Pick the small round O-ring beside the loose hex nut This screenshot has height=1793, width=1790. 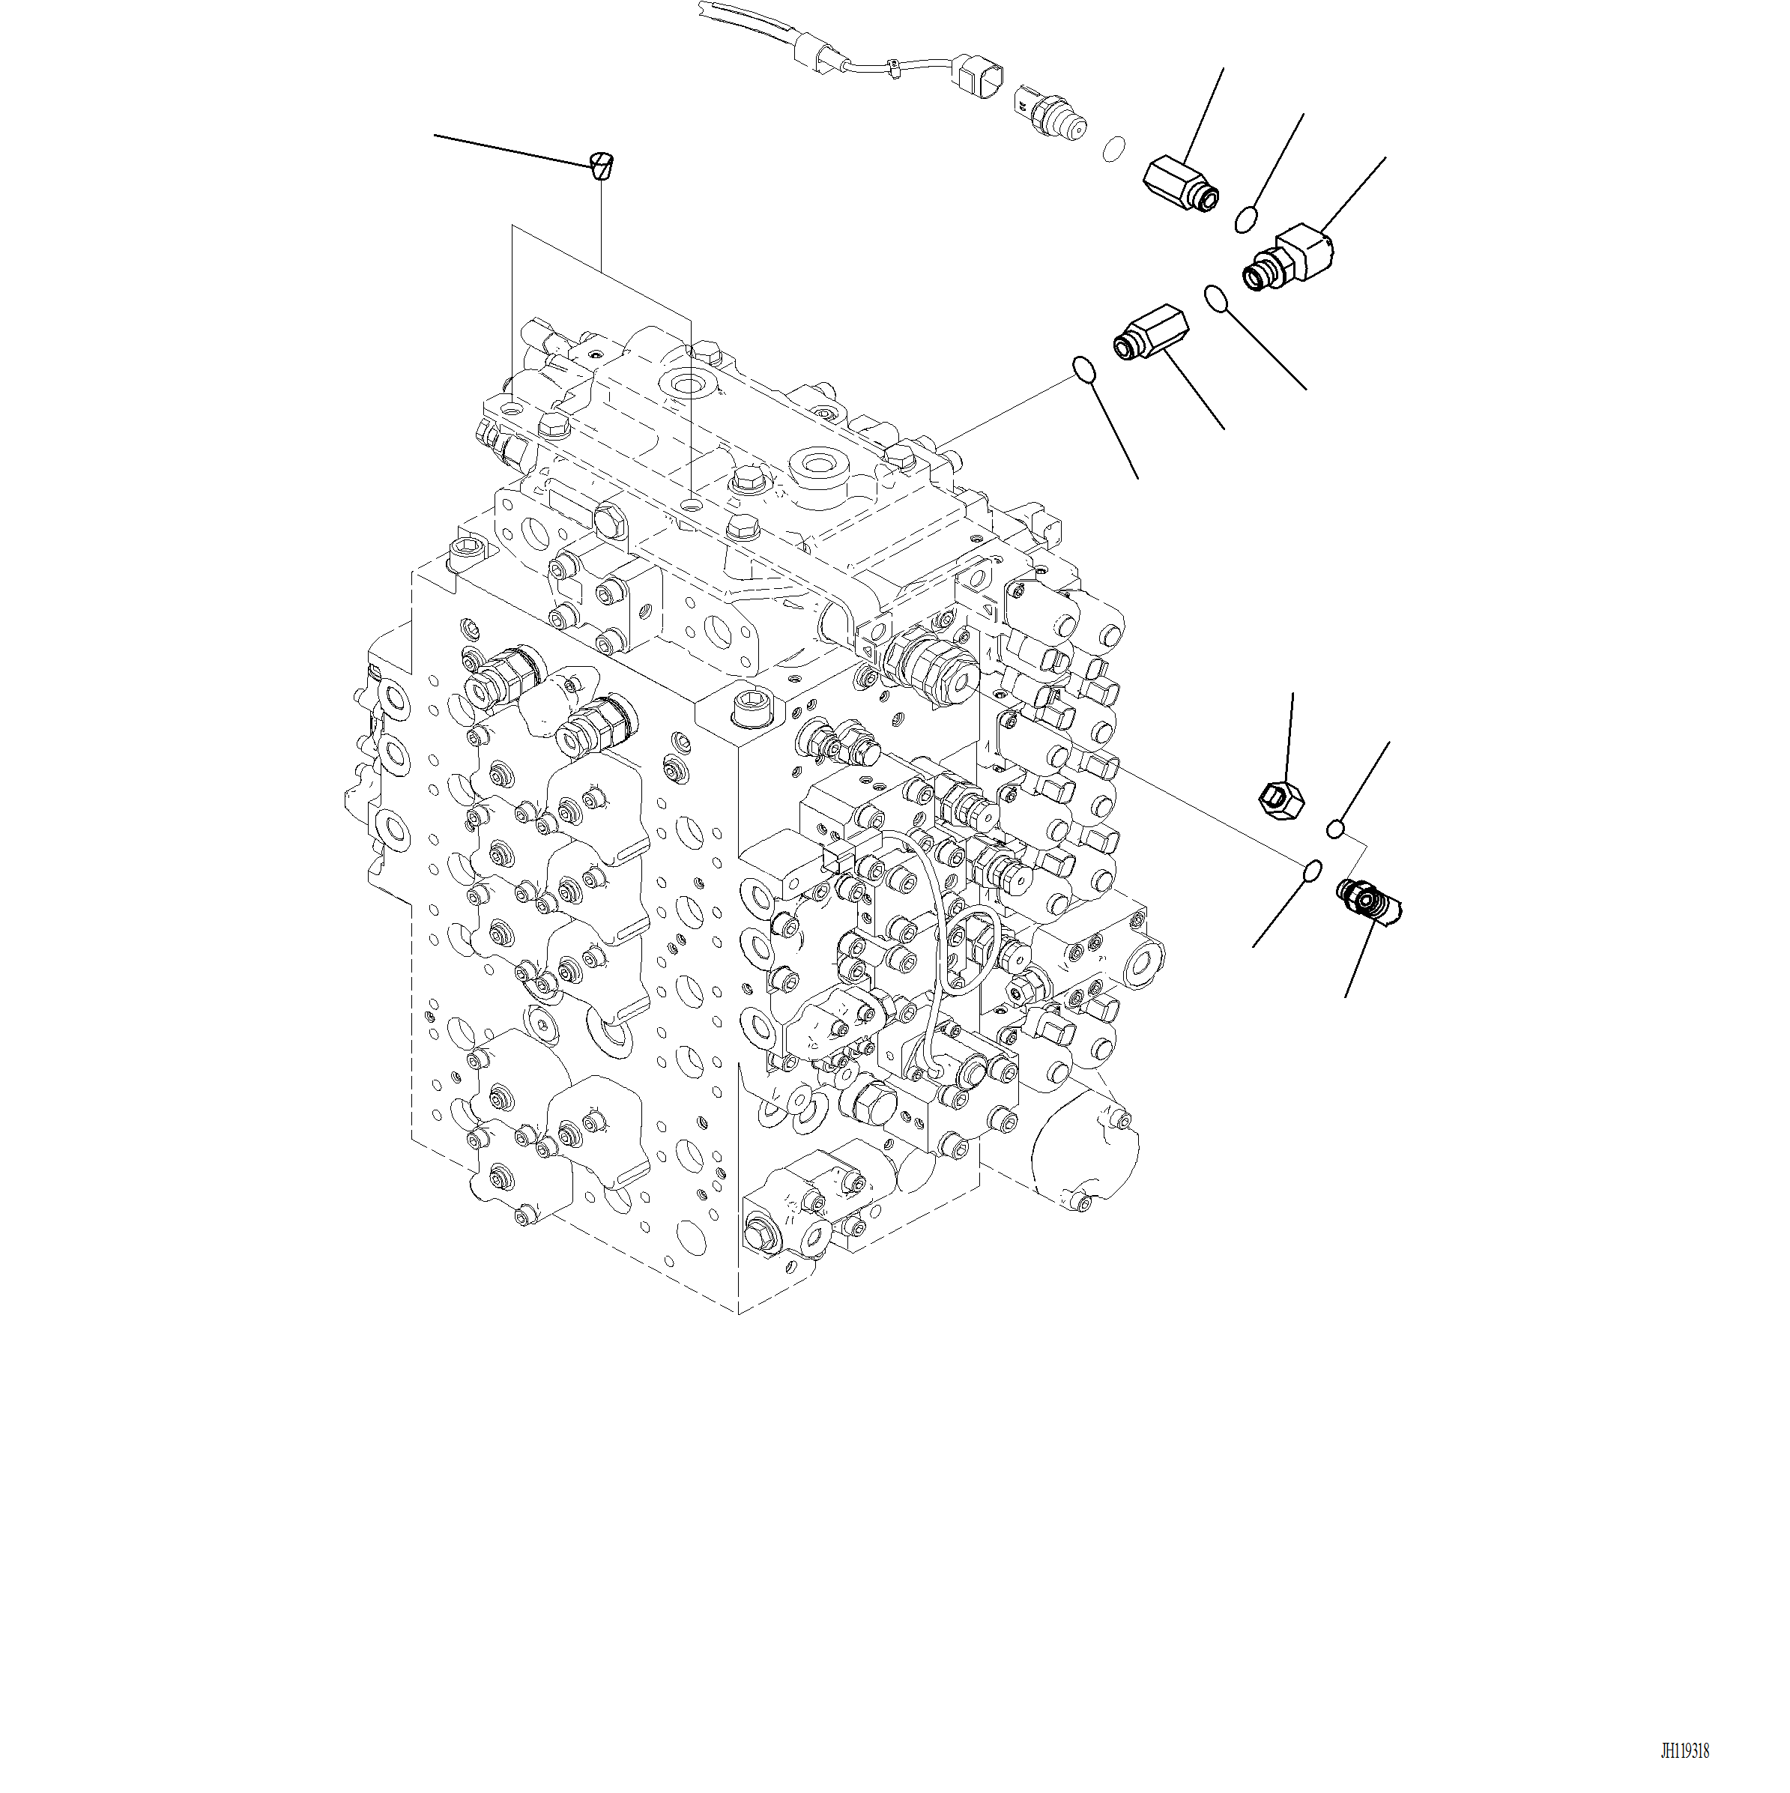1335,828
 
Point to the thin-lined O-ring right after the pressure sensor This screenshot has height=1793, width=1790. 1114,148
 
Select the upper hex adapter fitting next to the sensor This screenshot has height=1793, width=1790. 1179,182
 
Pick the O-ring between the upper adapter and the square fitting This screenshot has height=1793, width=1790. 1246,220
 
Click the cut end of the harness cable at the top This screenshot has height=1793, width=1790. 704,8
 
